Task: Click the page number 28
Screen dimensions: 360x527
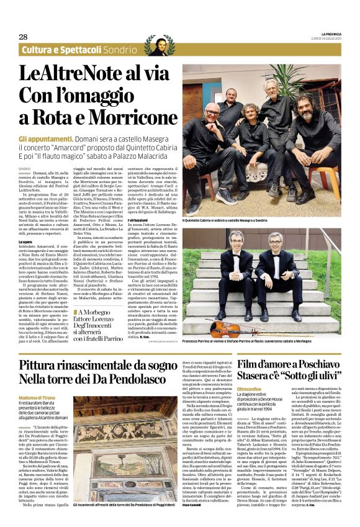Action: [23, 37]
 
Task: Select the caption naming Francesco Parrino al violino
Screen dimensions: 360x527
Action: [261, 342]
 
